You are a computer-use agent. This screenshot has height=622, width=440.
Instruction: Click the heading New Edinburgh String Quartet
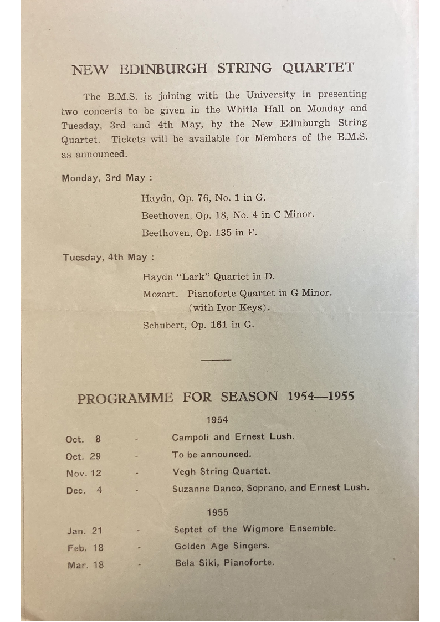point(213,69)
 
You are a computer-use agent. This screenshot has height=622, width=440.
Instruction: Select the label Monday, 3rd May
point(106,178)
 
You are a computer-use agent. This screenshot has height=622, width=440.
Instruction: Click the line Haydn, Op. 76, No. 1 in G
point(203,198)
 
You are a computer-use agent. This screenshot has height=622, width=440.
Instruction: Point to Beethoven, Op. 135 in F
point(199,233)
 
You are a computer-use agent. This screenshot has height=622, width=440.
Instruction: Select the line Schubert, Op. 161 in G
point(198,325)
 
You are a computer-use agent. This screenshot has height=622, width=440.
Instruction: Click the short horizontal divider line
point(216,360)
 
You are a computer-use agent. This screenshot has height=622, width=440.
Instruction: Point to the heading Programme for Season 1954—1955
point(216,398)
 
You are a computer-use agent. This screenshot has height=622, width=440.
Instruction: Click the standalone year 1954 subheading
point(217,420)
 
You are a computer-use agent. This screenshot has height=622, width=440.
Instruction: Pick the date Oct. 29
point(83,456)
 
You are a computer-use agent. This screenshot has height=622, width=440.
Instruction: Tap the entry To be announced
point(211,454)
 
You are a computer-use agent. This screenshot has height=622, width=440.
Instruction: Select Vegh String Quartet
point(221,471)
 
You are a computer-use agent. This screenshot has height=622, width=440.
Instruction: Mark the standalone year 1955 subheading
point(217,513)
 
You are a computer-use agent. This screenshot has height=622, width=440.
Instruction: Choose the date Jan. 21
point(85,531)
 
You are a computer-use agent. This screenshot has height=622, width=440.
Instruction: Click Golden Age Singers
point(222,546)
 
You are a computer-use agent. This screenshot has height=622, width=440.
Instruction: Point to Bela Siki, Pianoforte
point(224,563)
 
